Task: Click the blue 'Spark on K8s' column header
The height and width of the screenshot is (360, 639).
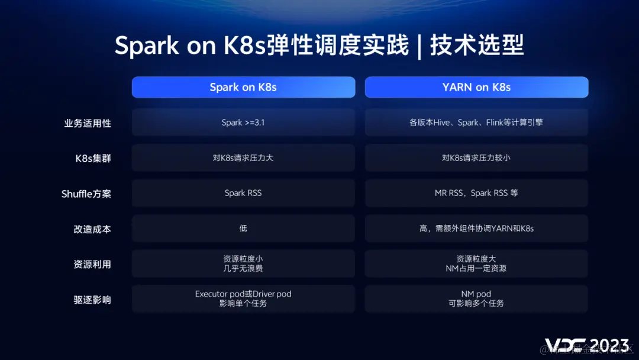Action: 243,87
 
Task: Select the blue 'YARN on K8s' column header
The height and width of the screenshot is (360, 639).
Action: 476,87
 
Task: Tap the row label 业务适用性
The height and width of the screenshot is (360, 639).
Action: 88,123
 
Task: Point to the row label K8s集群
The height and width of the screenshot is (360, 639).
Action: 93,158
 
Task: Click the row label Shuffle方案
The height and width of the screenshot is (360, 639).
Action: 86,194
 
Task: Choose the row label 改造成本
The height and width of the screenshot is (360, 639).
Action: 92,229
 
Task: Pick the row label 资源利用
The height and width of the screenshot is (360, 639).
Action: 92,264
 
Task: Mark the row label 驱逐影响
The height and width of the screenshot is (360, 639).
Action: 92,300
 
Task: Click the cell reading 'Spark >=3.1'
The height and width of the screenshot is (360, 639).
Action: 243,123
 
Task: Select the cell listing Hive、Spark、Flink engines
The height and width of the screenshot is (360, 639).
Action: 476,123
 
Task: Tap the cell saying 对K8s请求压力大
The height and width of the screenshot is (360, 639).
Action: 243,158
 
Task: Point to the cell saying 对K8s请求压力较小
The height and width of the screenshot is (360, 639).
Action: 476,158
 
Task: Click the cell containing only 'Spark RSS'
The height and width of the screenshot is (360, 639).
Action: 243,193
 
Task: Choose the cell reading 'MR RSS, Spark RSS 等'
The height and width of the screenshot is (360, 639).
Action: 476,193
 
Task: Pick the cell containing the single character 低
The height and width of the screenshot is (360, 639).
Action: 243,229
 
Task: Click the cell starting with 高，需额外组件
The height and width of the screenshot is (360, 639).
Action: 476,229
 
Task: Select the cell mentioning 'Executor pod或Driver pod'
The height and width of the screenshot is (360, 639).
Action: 243,298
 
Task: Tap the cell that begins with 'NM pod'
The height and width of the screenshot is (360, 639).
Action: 476,298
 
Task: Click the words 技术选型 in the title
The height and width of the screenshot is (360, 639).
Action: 477,46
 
